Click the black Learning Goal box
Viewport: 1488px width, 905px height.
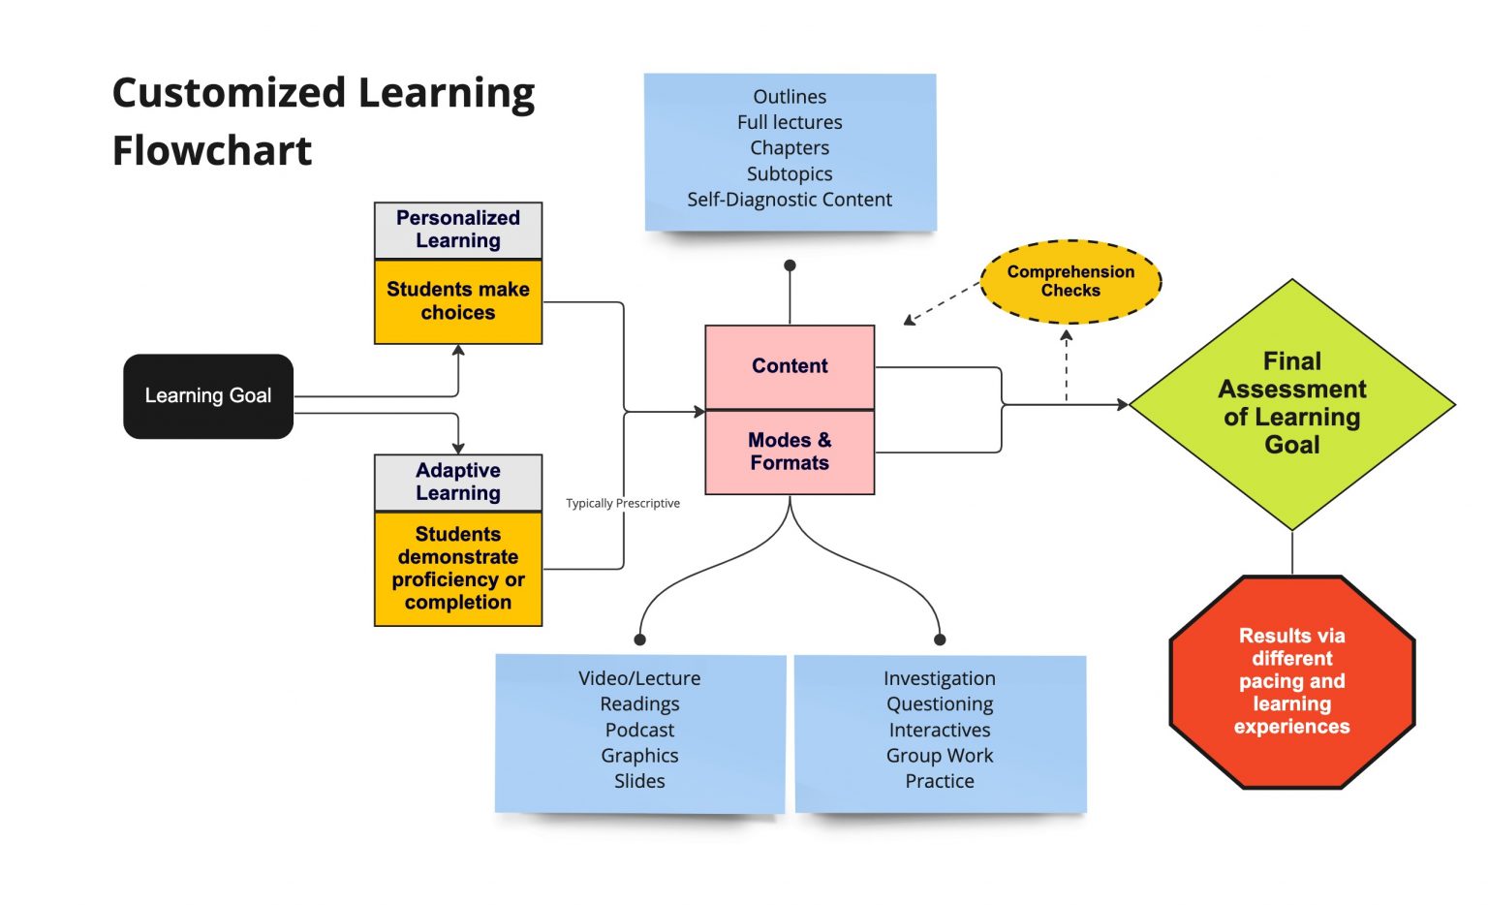pos(208,396)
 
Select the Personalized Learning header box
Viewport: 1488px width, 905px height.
pos(458,230)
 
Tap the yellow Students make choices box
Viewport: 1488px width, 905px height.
pos(458,301)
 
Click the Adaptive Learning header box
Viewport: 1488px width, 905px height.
pos(458,482)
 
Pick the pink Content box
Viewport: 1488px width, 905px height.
pos(790,366)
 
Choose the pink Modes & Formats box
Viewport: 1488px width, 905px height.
pos(790,452)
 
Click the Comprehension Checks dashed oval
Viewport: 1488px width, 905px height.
pos(1070,281)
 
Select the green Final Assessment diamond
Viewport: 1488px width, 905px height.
pos(1291,403)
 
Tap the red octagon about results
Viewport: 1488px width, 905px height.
pos(1291,681)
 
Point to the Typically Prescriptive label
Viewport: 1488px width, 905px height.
pos(623,503)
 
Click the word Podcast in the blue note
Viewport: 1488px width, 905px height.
pos(639,730)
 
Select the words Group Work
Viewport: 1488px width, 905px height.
pos(940,756)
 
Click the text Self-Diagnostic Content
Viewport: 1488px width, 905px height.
pos(790,200)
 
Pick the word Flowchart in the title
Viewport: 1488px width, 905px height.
pos(212,151)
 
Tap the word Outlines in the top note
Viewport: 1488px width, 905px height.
pos(790,97)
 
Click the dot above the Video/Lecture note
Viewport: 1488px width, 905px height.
pos(639,640)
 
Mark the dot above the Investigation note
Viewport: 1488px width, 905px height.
pos(940,640)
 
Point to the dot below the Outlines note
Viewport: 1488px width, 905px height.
pos(790,265)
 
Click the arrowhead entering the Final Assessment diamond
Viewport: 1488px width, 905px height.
pos(1123,404)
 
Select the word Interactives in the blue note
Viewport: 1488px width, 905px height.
pos(940,730)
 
